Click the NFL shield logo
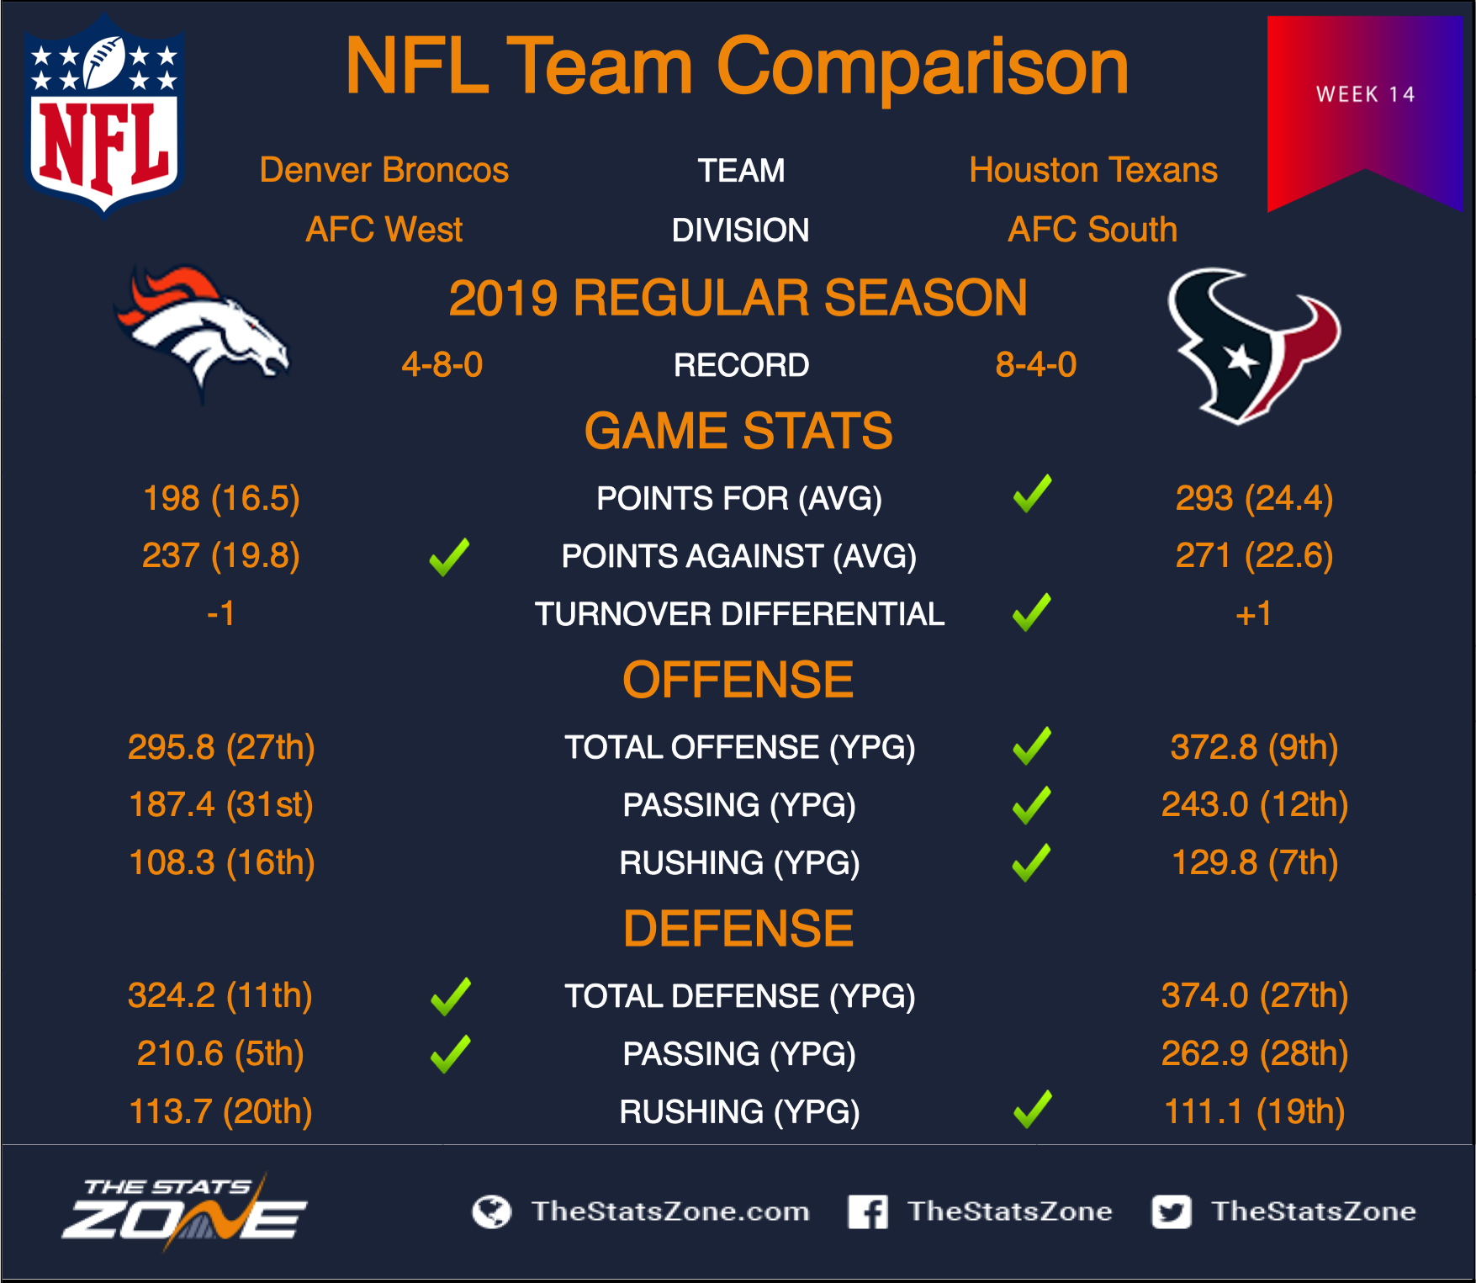pos(104,115)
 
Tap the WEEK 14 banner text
pos(1365,94)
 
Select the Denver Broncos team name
pos(384,170)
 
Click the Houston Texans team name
pos(1093,170)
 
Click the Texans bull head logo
pos(1253,345)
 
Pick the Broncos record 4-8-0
pos(442,364)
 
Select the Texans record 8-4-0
pos(1036,364)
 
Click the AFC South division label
pos(1092,230)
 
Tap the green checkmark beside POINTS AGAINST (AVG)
pos(450,557)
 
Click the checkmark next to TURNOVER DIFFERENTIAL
pos(1032,612)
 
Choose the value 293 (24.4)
pos(1254,498)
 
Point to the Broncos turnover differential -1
pos(221,614)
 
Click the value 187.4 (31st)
pos(221,805)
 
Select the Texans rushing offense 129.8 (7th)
pos(1254,863)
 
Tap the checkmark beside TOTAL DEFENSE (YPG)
pos(451,997)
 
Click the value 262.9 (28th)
pos(1254,1053)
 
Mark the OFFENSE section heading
pos(738,680)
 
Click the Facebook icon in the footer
pos(868,1211)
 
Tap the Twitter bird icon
pos(1172,1211)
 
